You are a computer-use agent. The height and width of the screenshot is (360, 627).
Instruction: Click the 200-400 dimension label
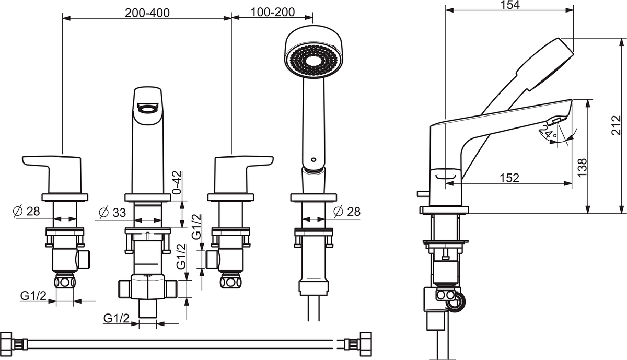click(147, 13)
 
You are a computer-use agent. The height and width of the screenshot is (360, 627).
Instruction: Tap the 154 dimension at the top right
click(509, 5)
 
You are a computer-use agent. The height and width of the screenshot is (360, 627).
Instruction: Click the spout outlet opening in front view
click(147, 108)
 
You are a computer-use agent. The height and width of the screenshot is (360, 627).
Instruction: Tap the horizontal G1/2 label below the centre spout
click(116, 318)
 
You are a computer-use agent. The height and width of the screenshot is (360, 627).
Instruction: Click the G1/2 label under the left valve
click(33, 296)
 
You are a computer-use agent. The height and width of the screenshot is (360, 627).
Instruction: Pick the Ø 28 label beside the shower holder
click(346, 212)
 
